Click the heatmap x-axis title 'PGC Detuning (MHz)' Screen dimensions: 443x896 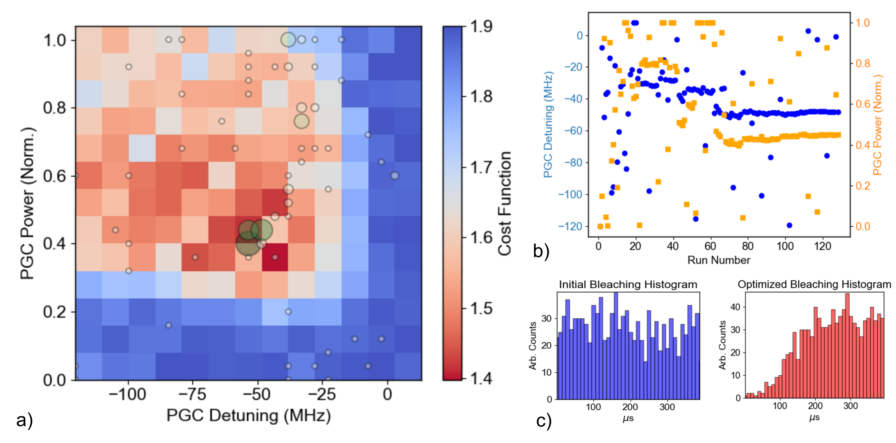tap(248, 415)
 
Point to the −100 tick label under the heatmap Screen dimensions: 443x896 tap(127, 394)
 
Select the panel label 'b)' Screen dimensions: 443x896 tap(541, 251)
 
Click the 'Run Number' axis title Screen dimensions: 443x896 tap(719, 260)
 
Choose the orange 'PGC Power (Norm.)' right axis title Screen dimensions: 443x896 tap(878, 125)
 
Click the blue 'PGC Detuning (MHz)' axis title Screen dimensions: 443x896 tap(548, 125)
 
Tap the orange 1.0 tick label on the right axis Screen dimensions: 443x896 tap(862, 23)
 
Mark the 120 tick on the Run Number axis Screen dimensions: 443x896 tap(822, 246)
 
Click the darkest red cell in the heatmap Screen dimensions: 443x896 tap(275, 257)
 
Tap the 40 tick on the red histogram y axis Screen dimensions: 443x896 tap(735, 307)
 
